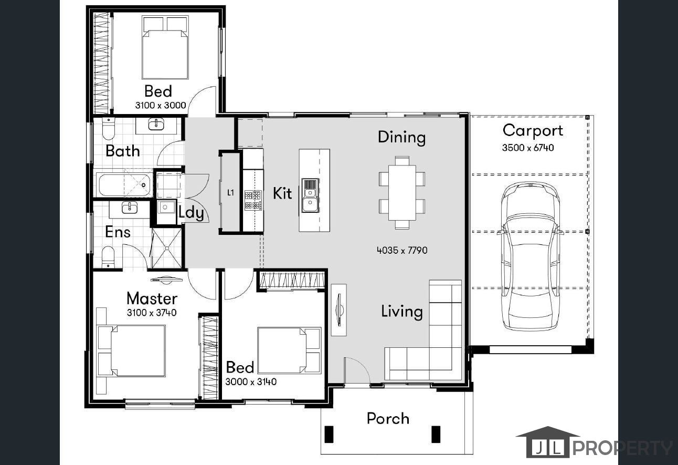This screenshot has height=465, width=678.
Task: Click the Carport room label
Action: pos(533,131)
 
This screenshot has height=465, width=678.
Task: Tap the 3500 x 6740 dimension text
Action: pos(528,148)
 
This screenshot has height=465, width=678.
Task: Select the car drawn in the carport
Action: pos(531,256)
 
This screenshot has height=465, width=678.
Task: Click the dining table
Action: pos(402,192)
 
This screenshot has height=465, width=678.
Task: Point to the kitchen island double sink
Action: pos(310,195)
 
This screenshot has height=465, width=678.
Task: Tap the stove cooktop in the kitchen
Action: pos(253,200)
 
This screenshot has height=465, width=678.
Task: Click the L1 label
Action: pos(231,192)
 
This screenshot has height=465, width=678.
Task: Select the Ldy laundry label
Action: pos(192,212)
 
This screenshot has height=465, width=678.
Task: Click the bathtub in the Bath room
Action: pos(125,184)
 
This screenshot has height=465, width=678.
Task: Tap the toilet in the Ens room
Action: pos(108,257)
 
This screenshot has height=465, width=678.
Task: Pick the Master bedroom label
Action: pos(152,298)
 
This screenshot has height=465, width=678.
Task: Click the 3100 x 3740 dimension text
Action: pos(152,313)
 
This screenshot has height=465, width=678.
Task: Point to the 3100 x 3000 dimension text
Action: pos(161,105)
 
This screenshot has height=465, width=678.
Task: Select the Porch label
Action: pos(388,419)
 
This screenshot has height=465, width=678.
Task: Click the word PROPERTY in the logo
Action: pos(622,448)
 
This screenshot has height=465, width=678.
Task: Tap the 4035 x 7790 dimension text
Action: pos(402,251)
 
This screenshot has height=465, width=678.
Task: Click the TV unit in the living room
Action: pos(338,310)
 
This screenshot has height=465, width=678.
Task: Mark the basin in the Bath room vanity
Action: pos(156,124)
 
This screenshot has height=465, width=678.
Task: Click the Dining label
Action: pos(401,138)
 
